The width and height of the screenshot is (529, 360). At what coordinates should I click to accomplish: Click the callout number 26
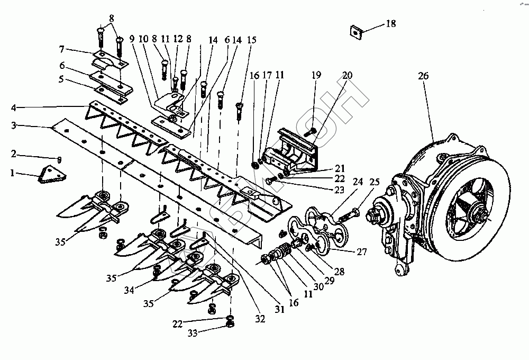[x=423, y=76]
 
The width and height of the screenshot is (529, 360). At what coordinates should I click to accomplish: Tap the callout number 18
[x=391, y=24]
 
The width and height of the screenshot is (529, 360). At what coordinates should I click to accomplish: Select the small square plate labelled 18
[x=355, y=31]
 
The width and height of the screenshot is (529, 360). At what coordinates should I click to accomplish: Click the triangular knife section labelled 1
[x=52, y=174]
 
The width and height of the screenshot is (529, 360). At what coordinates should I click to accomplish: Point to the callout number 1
[x=13, y=173]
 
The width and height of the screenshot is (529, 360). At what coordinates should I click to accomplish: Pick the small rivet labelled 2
[x=59, y=159]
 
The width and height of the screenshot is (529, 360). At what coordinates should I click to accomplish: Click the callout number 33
[x=193, y=333]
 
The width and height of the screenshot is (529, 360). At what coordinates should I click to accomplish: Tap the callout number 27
[x=362, y=252]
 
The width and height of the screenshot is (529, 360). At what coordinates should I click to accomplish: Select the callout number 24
[x=358, y=182]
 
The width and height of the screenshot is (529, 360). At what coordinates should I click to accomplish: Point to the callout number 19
[x=316, y=75]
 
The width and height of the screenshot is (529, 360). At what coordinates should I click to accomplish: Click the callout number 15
[x=251, y=40]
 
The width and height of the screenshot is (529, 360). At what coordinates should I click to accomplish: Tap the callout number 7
[x=61, y=50]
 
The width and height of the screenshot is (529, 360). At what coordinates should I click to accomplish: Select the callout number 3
[x=14, y=125]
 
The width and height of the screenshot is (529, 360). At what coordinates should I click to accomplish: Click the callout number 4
[x=14, y=108]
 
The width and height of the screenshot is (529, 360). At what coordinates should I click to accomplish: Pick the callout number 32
[x=260, y=319]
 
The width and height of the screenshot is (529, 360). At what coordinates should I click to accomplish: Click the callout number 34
[x=129, y=290]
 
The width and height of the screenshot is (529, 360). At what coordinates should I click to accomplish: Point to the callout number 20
[x=347, y=75]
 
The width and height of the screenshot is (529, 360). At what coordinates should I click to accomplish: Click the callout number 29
[x=329, y=281]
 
